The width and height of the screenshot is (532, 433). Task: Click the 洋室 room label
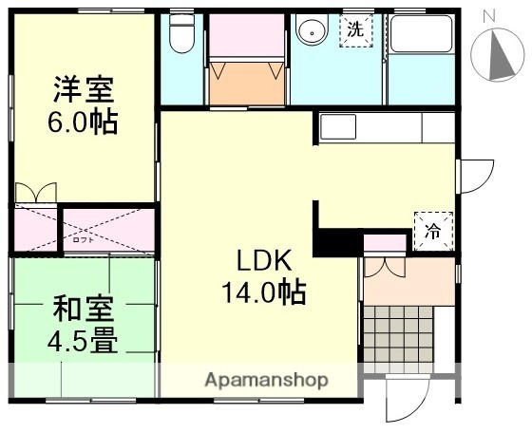point(83,92)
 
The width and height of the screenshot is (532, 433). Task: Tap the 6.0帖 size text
point(83,123)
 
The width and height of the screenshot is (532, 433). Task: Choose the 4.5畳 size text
point(84,339)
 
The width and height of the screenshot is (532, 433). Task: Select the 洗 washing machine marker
point(354,29)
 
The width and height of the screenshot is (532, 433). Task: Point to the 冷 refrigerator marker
point(432,230)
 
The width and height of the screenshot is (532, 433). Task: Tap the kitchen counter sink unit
point(385,127)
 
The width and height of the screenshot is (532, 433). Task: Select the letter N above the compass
point(488,14)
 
